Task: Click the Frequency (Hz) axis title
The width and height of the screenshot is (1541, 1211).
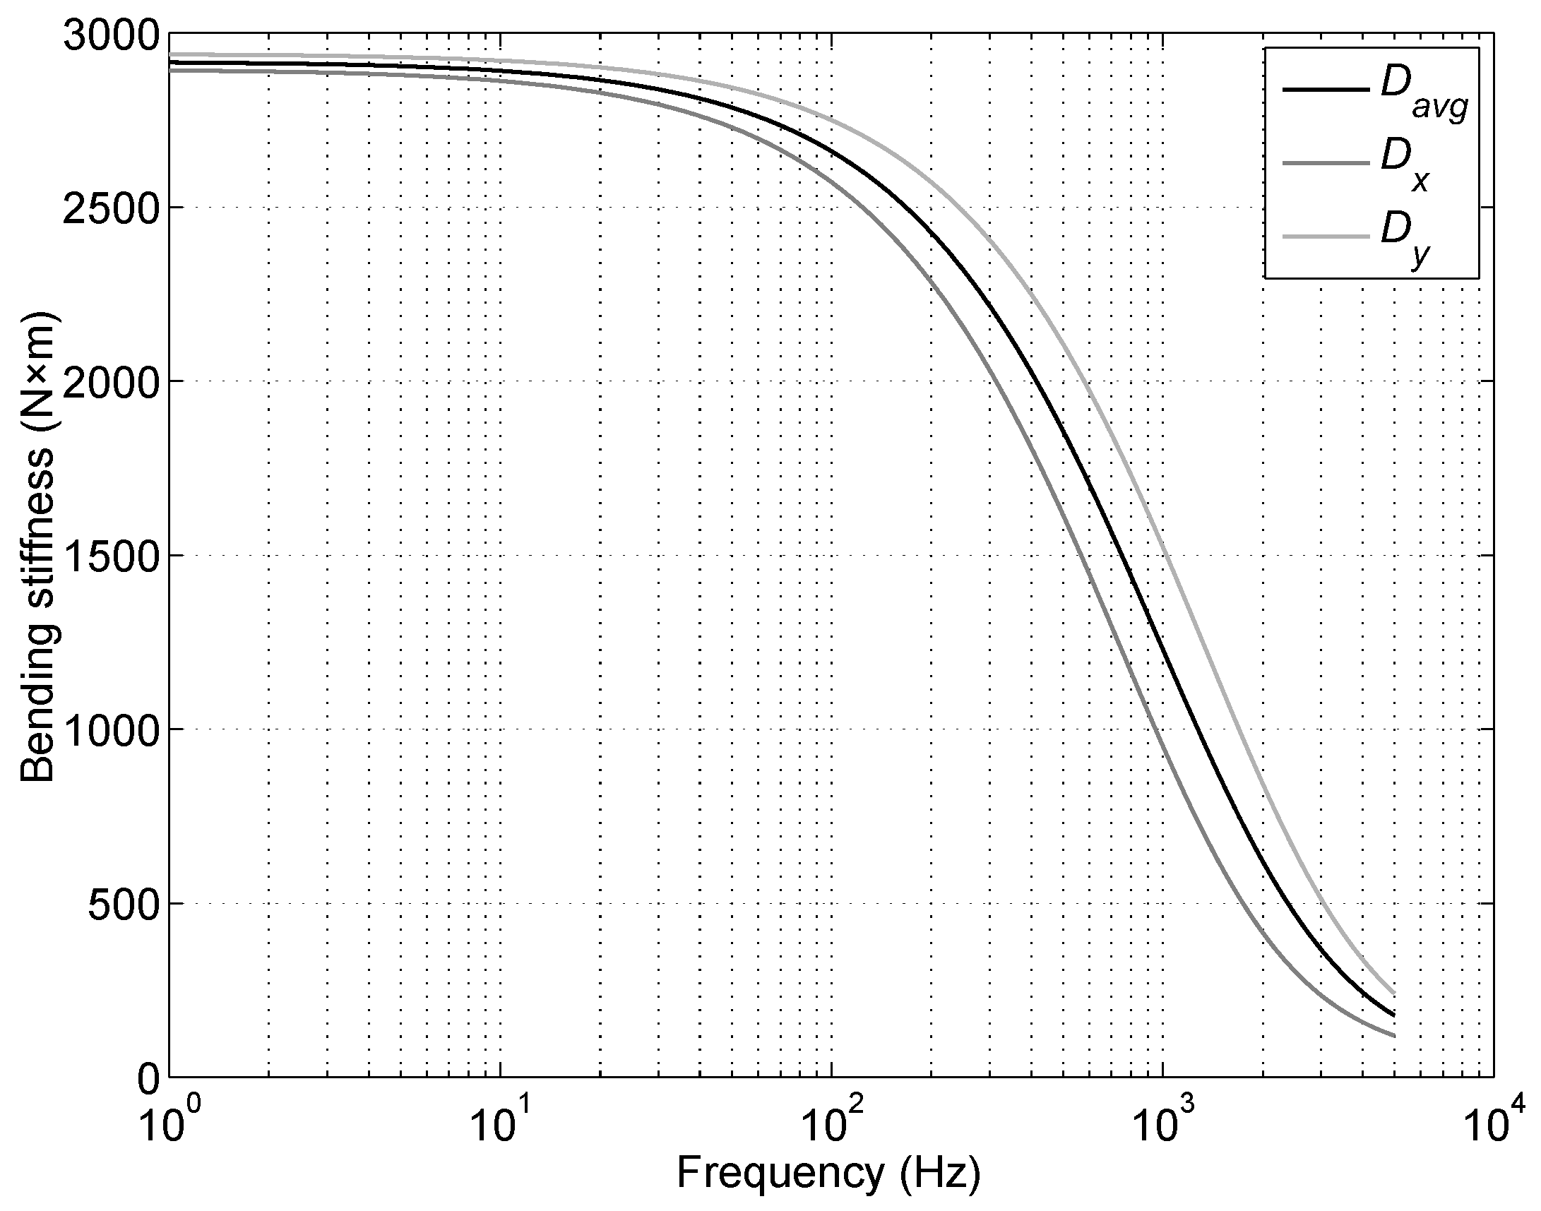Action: click(x=828, y=1174)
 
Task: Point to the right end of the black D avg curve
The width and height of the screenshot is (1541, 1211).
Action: click(x=1393, y=1015)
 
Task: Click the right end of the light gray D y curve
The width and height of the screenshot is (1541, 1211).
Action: click(x=1393, y=994)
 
